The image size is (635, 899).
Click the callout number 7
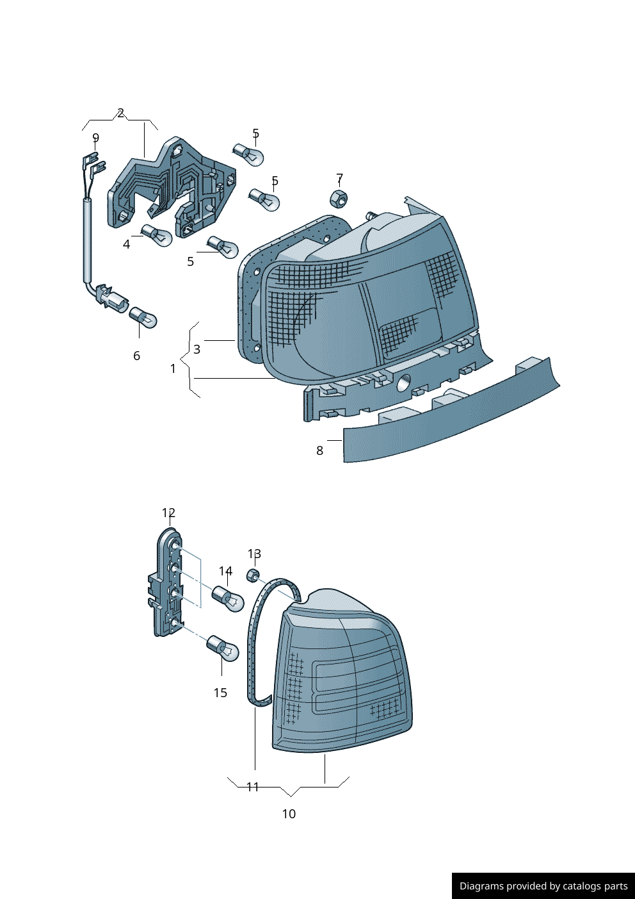pos(339,177)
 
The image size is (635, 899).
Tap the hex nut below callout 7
pos(339,199)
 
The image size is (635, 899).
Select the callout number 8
pos(320,450)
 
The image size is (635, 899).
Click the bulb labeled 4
pos(157,236)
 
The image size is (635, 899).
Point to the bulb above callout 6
pos(143,317)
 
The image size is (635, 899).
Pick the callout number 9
pos(95,138)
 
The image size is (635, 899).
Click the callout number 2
pos(120,113)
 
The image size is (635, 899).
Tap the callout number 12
pos(168,513)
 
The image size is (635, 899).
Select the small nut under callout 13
pos(253,575)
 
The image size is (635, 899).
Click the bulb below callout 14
pos(228,598)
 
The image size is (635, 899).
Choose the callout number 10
pos(289,814)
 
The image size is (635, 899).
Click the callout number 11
pos(253,787)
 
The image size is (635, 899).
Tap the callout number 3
pos(197,349)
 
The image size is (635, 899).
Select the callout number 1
pos(173,368)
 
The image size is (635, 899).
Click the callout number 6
pos(136,356)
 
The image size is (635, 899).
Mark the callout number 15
pos(220,693)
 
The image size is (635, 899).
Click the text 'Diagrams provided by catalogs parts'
pos(543,886)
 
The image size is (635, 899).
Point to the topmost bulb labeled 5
pos(248,154)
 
